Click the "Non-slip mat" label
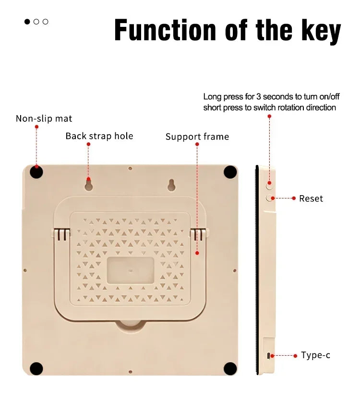[44, 118]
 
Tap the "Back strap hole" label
[99, 136]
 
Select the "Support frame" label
[197, 137]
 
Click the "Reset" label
[311, 198]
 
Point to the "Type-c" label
[315, 355]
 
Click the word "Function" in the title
[165, 30]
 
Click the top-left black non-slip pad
[36, 172]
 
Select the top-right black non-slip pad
[230, 172]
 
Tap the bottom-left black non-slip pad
[36, 369]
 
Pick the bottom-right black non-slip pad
[230, 369]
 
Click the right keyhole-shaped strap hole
[172, 185]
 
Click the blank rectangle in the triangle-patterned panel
[131, 270]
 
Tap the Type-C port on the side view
[268, 356]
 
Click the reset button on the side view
[269, 198]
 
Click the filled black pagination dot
[27, 22]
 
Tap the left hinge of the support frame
[62, 234]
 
